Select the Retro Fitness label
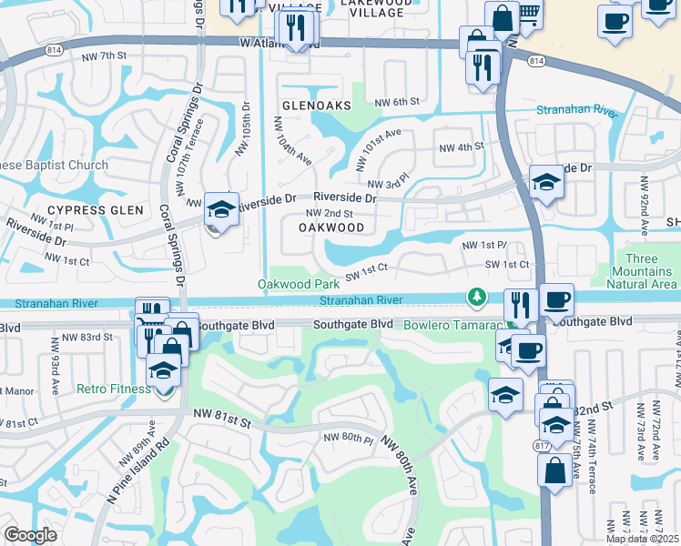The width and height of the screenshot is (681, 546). (113, 389)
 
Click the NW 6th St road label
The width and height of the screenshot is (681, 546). (398, 102)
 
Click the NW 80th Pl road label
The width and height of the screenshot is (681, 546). (349, 439)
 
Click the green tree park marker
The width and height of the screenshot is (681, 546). (475, 297)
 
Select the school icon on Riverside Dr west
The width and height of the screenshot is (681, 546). (221, 211)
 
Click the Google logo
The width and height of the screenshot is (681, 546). (30, 535)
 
